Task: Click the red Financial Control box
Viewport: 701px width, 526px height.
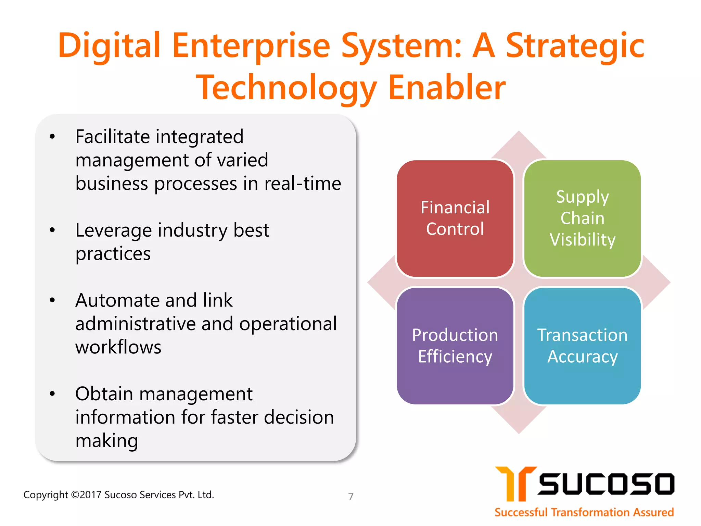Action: (x=455, y=218)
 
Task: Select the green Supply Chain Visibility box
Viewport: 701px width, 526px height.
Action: (x=582, y=218)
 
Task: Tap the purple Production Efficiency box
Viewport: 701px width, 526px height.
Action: (x=455, y=346)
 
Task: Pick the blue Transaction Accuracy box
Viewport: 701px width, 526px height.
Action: (x=582, y=346)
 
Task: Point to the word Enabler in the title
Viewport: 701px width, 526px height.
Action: (x=447, y=88)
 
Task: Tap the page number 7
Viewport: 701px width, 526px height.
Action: (x=351, y=496)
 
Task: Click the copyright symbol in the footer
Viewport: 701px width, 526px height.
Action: (x=75, y=495)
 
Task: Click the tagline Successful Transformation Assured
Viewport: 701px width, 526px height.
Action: (x=584, y=512)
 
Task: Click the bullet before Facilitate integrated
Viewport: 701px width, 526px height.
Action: (x=52, y=137)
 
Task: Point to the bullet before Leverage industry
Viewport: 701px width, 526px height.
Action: (x=52, y=230)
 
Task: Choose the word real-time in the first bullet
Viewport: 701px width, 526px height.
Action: (x=303, y=184)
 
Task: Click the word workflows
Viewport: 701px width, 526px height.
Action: (x=118, y=347)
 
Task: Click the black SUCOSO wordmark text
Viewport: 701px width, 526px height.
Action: (x=606, y=484)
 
